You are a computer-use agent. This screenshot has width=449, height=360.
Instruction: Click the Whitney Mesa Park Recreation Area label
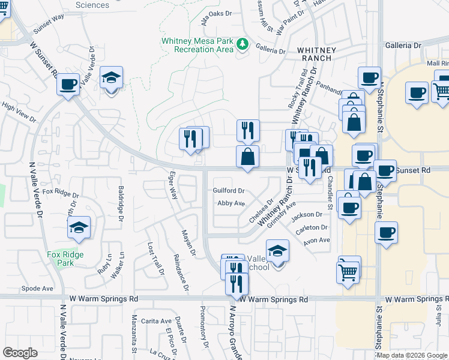coord(197,45)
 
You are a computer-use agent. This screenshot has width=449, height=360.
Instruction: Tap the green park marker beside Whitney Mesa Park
coord(243,44)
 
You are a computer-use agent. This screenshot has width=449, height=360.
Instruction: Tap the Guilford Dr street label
coord(228,190)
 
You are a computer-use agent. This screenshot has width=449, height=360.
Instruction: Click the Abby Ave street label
coord(231,203)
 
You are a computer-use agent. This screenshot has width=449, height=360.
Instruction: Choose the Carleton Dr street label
coord(315,228)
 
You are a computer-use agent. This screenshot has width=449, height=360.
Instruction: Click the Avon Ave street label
coord(317,240)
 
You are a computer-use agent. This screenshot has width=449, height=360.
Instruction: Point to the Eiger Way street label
coord(173,186)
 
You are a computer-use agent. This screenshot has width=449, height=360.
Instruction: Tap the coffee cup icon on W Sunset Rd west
coord(68,83)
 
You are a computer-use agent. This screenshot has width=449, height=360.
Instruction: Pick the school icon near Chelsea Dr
coord(277,250)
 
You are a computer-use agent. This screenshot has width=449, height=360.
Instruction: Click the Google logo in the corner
coord(20,353)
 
